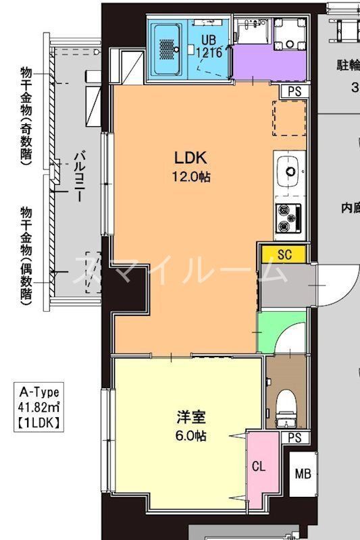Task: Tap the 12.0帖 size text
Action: tap(190, 178)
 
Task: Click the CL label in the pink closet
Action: tap(259, 466)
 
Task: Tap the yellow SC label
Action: tap(284, 254)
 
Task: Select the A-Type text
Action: tap(40, 392)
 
